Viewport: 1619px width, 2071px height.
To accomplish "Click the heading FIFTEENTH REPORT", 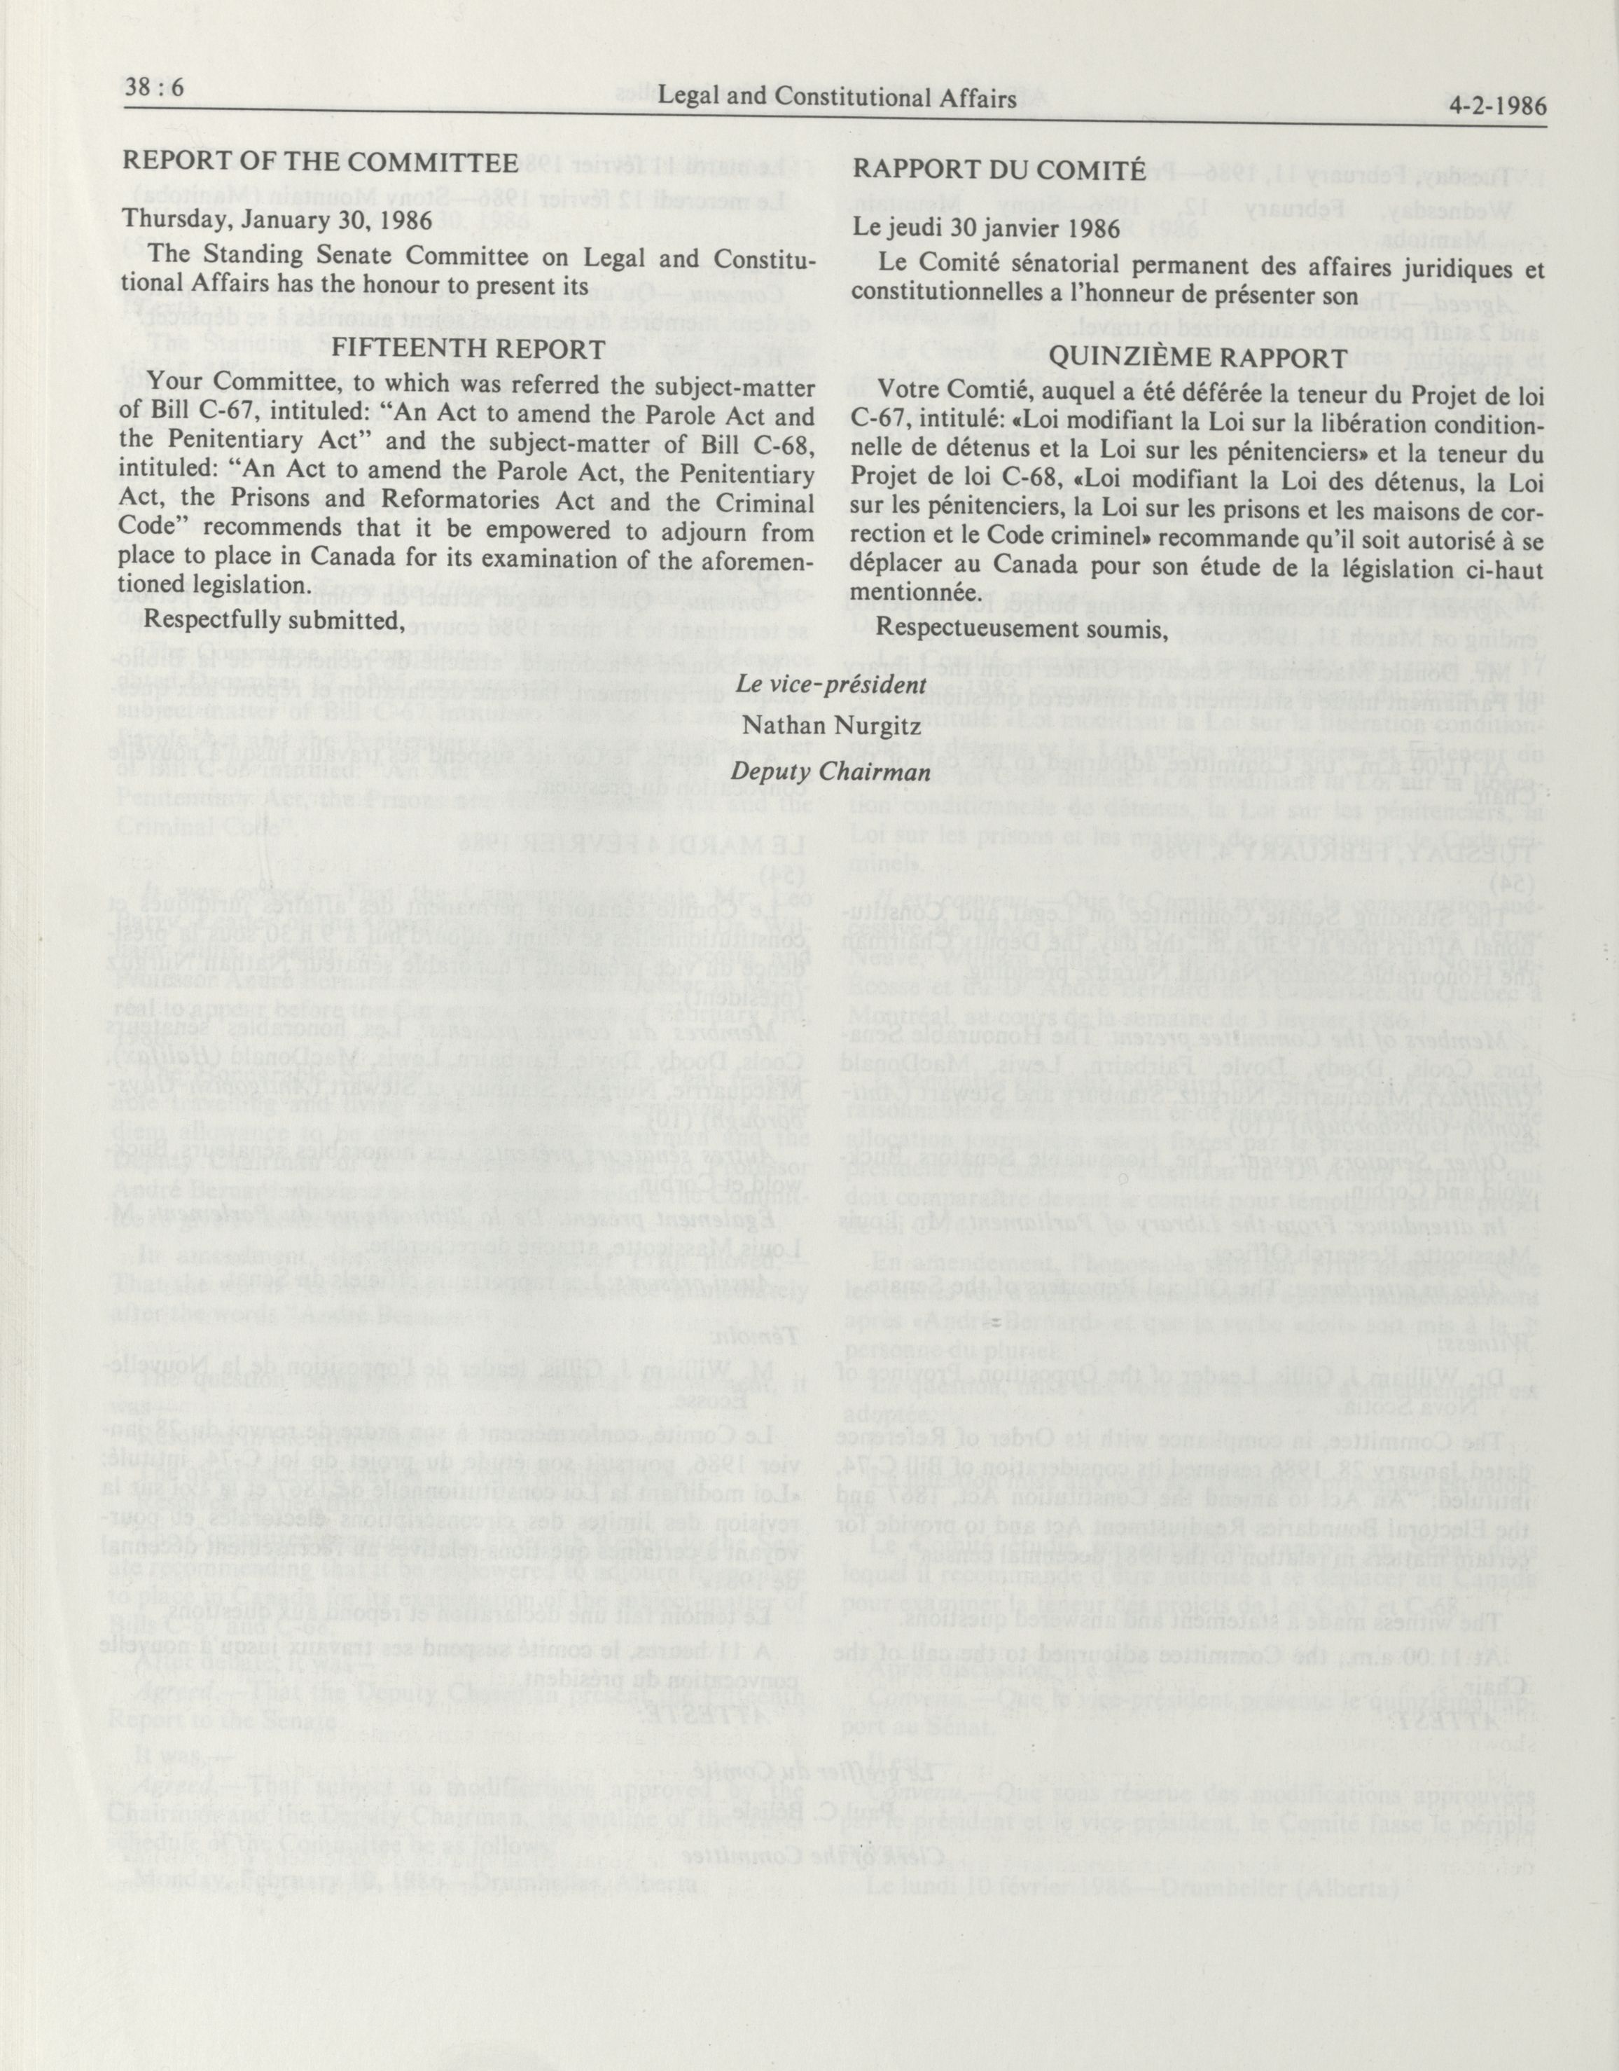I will pyautogui.click(x=468, y=348).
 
